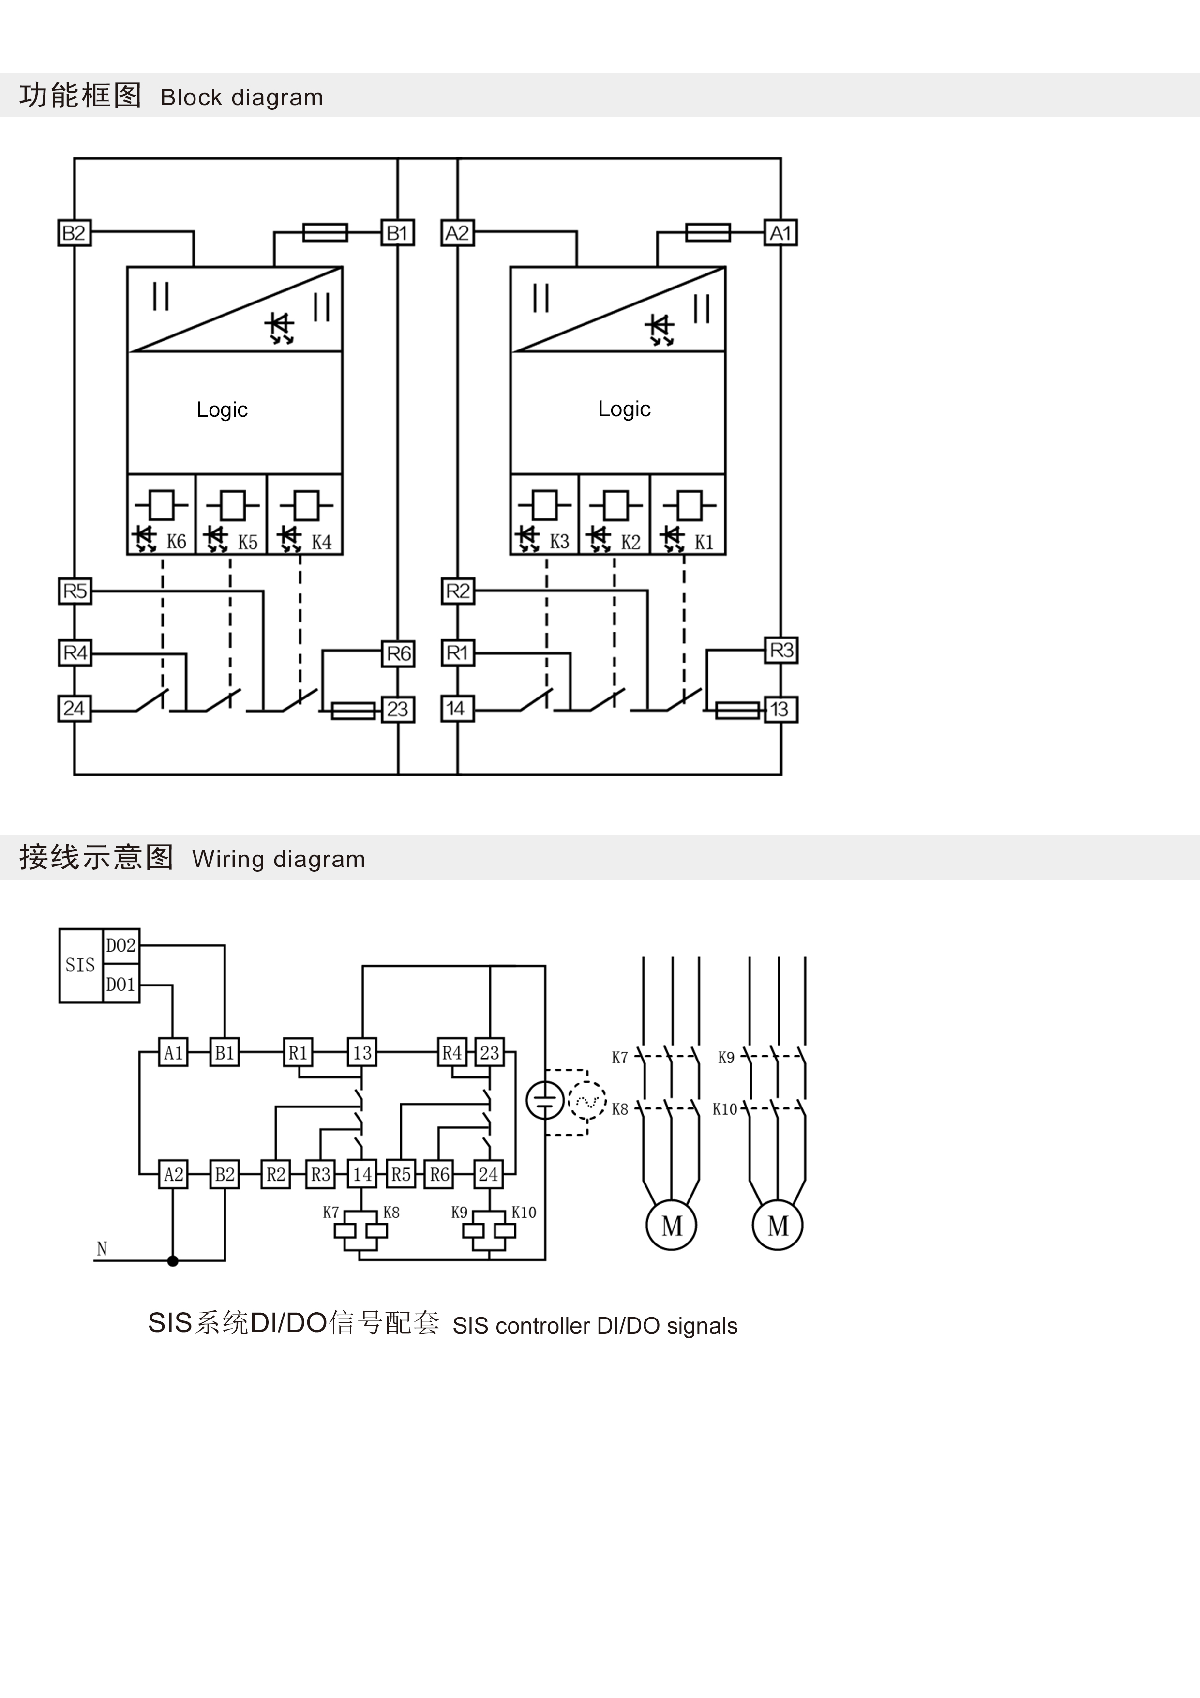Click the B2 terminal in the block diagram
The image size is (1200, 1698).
point(74,233)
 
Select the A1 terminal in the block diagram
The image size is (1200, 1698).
point(781,233)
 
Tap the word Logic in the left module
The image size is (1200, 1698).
point(222,409)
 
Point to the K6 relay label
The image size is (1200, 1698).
point(176,542)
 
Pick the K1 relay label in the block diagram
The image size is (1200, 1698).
point(704,542)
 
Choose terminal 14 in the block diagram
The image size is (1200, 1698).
point(456,709)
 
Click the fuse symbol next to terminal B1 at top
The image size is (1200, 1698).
point(325,232)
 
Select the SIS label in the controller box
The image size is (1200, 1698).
point(80,965)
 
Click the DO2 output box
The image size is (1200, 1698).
point(120,946)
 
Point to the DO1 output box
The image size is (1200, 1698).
point(120,985)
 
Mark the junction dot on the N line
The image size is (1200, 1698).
point(173,1261)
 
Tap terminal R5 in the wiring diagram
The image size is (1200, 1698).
point(401,1174)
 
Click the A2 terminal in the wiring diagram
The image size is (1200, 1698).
point(174,1174)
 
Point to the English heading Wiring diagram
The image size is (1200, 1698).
point(279,859)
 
